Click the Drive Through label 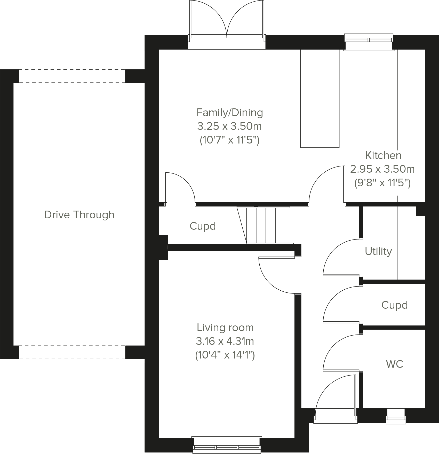(79, 215)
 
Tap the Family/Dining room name (230, 113)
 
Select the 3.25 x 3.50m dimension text (229, 126)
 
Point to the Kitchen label (383, 155)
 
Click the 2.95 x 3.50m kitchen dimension (382, 169)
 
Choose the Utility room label (378, 251)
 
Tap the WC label (394, 364)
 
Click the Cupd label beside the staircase (203, 226)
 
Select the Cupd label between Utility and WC (394, 305)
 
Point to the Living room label (225, 328)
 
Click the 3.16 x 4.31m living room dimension (225, 341)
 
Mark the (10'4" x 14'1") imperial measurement (225, 355)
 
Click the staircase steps (266, 225)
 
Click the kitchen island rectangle (320, 98)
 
